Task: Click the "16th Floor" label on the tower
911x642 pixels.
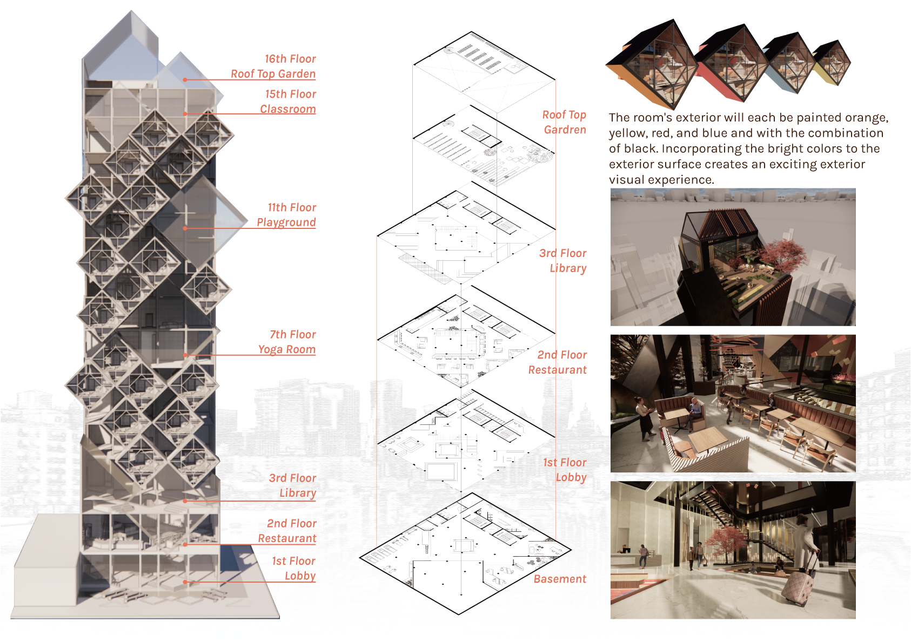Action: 290,59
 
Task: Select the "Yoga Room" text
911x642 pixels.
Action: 287,349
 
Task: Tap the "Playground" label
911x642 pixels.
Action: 286,222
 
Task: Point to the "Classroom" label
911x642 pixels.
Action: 287,109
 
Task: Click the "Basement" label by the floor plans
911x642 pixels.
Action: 560,579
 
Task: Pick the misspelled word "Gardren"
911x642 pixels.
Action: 565,130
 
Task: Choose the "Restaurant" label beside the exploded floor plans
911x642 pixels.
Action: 557,370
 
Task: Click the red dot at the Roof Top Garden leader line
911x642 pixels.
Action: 185,79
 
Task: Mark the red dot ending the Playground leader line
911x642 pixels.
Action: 185,228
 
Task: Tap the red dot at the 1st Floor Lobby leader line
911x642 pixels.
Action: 185,582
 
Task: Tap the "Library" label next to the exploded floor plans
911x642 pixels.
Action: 568,268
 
